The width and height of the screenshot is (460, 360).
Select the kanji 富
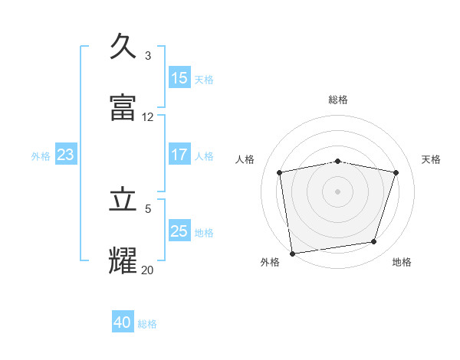pos(123,108)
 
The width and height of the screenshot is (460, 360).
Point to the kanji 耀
pos(123,260)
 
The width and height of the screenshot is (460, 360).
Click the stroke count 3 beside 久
pos(148,56)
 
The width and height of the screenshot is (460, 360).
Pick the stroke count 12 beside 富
pos(148,117)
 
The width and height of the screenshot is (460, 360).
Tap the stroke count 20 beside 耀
pos(148,270)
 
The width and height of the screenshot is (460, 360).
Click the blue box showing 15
pos(179,78)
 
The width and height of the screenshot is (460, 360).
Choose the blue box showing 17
pos(179,154)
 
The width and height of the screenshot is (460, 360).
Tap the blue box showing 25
pos(179,231)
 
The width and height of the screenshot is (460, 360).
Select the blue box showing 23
pos(66,155)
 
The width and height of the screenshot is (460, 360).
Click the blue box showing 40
pos(123,322)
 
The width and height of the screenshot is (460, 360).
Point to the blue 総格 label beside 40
pos(147,324)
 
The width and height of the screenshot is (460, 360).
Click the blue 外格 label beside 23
pos(41,156)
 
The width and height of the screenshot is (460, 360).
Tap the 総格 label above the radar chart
pos(338,100)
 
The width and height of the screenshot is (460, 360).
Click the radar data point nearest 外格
pos(292,253)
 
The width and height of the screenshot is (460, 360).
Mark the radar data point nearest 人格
pos(280,172)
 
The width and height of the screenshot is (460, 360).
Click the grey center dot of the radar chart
pos(338,191)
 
